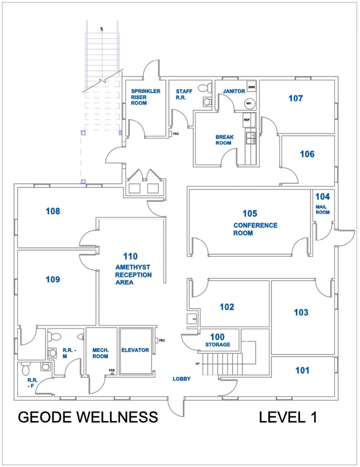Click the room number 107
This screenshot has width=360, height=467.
point(295,98)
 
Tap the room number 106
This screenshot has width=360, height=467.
point(307,154)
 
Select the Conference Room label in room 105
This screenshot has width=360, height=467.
point(255,229)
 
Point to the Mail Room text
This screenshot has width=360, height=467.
point(322,210)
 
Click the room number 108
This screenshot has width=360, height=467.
point(53,212)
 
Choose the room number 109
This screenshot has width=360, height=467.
point(53,279)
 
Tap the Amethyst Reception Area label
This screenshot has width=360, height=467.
point(133,275)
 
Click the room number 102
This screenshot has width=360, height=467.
point(227,307)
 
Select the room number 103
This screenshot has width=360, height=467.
point(301,312)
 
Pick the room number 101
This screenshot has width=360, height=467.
point(302,370)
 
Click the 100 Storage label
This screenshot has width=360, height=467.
point(217,340)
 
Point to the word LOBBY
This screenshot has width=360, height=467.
point(181,379)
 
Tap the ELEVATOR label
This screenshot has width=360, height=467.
point(135,350)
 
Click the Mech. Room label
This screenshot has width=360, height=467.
point(100,353)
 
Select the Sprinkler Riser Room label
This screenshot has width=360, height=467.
point(145,97)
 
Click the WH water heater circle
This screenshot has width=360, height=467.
point(248,103)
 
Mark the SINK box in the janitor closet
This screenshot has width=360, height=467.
point(252,87)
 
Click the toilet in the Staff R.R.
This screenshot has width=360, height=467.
point(207,101)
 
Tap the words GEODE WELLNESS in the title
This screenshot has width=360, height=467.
point(88,417)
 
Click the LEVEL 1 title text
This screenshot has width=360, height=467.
point(288,417)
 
